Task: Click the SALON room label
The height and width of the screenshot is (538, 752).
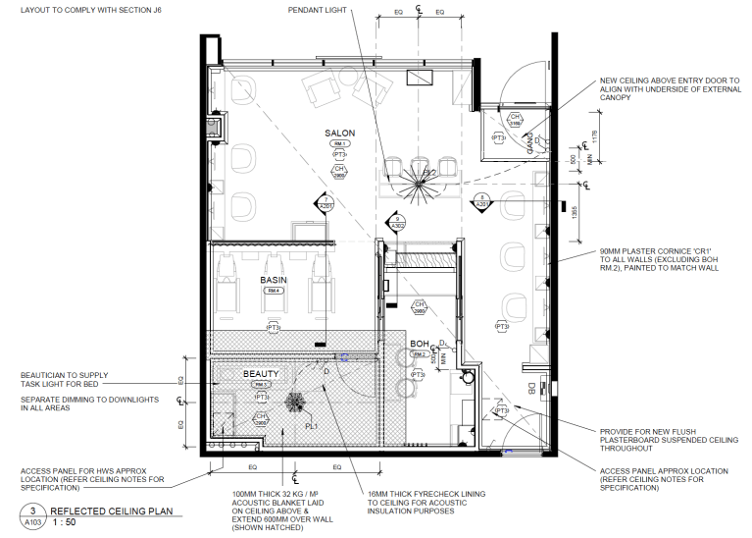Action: [x=340, y=133]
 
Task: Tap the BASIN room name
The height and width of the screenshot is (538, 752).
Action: [x=272, y=280]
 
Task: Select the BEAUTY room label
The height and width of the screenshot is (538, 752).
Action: [x=261, y=374]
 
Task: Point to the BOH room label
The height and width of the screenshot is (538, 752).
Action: [x=421, y=344]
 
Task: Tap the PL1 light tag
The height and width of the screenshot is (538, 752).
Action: [x=311, y=426]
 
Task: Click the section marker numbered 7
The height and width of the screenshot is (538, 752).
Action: [x=326, y=203]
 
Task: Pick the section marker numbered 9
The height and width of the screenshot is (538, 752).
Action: [x=397, y=221]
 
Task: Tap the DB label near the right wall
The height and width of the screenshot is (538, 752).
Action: [x=532, y=389]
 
